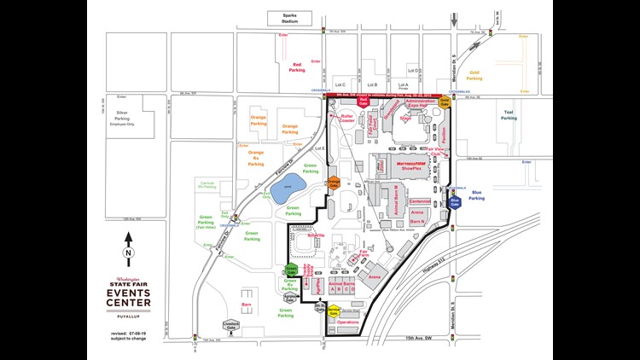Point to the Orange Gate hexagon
click(334, 183)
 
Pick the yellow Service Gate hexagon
click(321, 311)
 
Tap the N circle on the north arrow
click(128, 253)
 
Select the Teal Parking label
click(510, 115)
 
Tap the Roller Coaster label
click(346, 119)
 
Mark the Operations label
click(348, 322)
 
